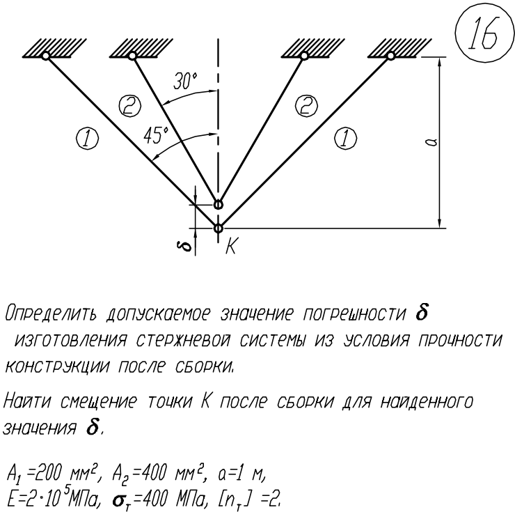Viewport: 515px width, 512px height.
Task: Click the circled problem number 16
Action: tap(484, 33)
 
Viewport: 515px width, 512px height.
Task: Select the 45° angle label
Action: tap(156, 135)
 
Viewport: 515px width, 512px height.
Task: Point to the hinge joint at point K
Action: tap(218, 228)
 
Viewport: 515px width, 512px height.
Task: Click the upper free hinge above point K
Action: tap(218, 205)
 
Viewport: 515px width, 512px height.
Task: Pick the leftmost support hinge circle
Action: tap(46, 56)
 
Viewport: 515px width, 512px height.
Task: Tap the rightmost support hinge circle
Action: tap(390, 56)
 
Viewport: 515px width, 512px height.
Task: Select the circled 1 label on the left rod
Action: tap(88, 139)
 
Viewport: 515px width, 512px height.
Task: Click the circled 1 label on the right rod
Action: tap(345, 139)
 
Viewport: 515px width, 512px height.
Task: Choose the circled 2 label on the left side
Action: tap(129, 106)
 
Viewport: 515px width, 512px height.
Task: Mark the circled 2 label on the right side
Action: tap(306, 106)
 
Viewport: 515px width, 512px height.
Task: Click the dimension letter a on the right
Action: tap(431, 142)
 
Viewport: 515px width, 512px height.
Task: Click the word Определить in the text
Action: tap(51, 313)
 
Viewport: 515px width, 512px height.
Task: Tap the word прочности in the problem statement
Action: tap(460, 341)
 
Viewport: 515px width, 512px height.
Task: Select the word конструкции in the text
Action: tap(57, 366)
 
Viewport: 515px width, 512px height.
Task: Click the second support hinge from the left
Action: tap(132, 56)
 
